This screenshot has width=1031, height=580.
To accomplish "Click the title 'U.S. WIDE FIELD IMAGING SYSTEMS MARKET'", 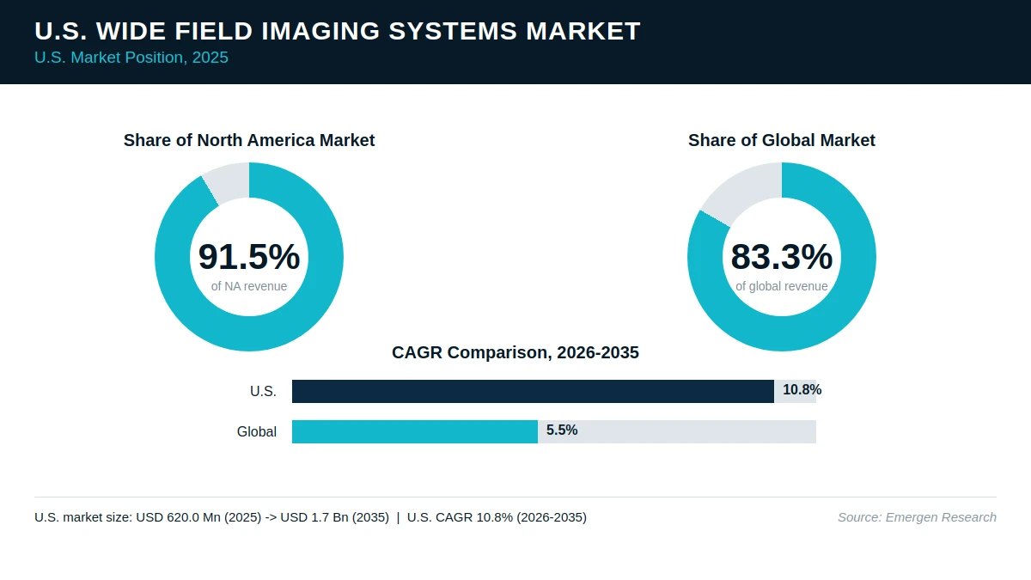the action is pos(338,31).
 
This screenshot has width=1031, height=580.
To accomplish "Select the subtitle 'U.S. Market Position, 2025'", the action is pos(131,58).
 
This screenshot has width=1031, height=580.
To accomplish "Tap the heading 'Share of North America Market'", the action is pos(249,140).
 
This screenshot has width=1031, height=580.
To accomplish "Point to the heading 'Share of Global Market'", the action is pos(782,140).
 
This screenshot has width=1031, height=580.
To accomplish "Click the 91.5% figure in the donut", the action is pos(249,256).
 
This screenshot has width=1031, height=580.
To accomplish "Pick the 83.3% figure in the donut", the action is pos(782,256).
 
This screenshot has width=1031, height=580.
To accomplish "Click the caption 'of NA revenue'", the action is pos(249,286).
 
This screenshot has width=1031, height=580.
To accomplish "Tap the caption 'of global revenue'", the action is pos(782,286).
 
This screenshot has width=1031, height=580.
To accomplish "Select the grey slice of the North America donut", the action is pos(228,182).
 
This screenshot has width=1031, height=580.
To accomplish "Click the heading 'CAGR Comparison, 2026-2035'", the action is pos(515,352).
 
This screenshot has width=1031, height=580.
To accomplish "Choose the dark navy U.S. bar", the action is pos(533,391).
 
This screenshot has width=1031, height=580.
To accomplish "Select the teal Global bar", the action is pos(415,431).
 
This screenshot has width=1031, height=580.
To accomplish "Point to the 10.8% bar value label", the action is pos(802,390).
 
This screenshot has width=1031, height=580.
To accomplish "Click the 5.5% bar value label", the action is pos(562,430).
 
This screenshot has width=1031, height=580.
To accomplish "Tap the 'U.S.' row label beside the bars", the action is pos(263,391).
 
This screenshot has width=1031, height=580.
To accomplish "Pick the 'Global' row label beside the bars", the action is pos(257,431).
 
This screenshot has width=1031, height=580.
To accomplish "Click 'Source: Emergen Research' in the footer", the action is pos(917,517).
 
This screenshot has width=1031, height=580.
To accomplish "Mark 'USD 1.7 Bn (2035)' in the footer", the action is pos(334,517).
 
